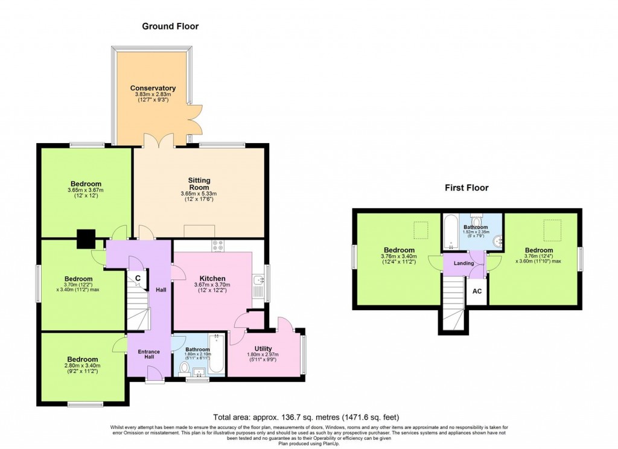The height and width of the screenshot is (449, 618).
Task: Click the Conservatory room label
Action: (153, 89)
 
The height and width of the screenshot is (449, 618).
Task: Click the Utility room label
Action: (263, 349)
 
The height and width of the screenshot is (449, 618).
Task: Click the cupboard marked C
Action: (138, 278)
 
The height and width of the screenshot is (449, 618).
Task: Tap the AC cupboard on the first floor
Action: (476, 291)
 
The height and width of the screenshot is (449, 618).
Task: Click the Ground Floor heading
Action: (170, 27)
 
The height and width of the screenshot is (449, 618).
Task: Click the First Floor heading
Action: (467, 188)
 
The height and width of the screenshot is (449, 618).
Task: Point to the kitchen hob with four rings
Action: (218, 246)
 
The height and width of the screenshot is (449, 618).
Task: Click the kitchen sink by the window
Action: (258, 280)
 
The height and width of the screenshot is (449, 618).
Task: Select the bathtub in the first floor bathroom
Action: (450, 233)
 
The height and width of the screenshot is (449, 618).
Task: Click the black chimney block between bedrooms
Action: (86, 239)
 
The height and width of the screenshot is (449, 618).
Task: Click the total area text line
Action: (307, 417)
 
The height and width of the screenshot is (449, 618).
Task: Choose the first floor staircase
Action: (453, 304)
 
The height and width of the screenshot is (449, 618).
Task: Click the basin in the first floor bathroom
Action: (497, 241)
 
